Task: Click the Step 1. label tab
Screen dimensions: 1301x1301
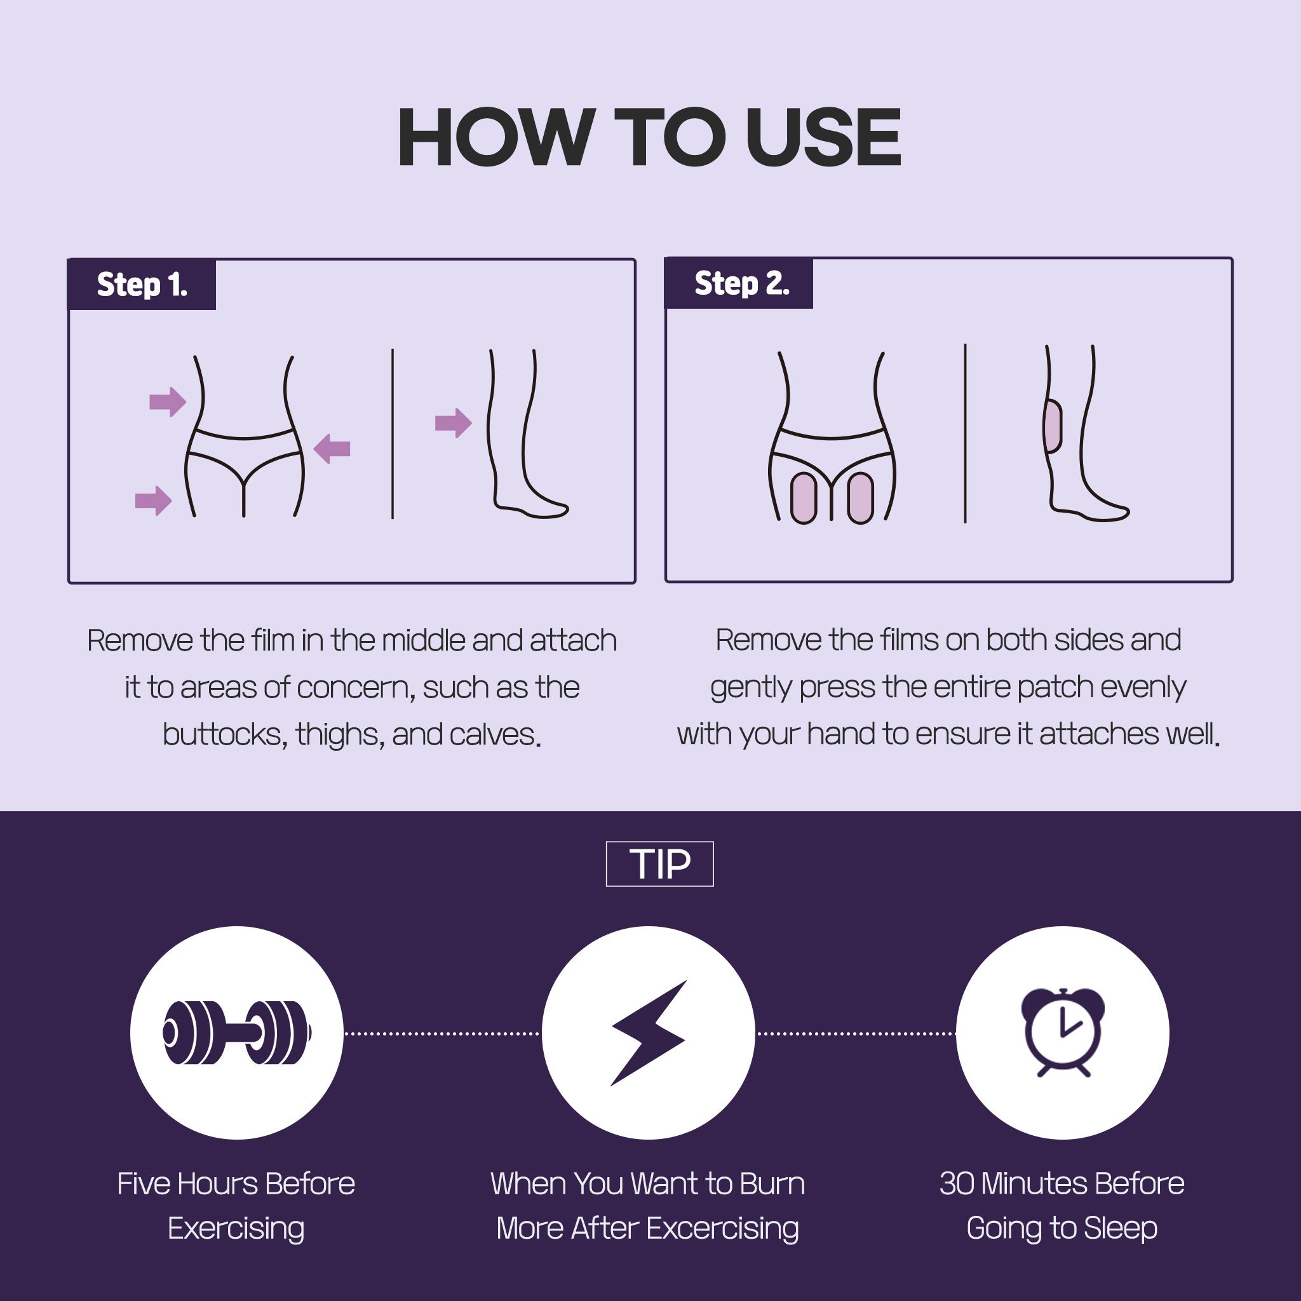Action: tap(142, 284)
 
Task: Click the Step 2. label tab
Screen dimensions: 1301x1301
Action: tap(739, 283)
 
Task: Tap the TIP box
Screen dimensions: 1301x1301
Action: tap(659, 864)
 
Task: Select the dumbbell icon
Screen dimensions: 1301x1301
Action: tap(237, 1033)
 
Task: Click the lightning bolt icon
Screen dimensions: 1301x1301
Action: tap(649, 1033)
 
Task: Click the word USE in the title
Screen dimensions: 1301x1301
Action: tap(823, 137)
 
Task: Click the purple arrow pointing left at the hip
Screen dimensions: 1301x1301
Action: tap(332, 448)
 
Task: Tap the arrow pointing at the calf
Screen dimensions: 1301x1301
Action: tap(453, 423)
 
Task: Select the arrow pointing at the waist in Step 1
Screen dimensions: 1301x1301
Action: tap(168, 402)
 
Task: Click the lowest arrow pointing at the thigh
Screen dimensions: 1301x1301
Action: tap(154, 501)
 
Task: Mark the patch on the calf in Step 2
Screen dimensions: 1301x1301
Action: tap(1053, 426)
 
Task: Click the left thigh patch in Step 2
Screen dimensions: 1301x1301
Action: tap(804, 498)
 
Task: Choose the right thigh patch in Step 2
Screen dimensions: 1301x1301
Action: tap(861, 498)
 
